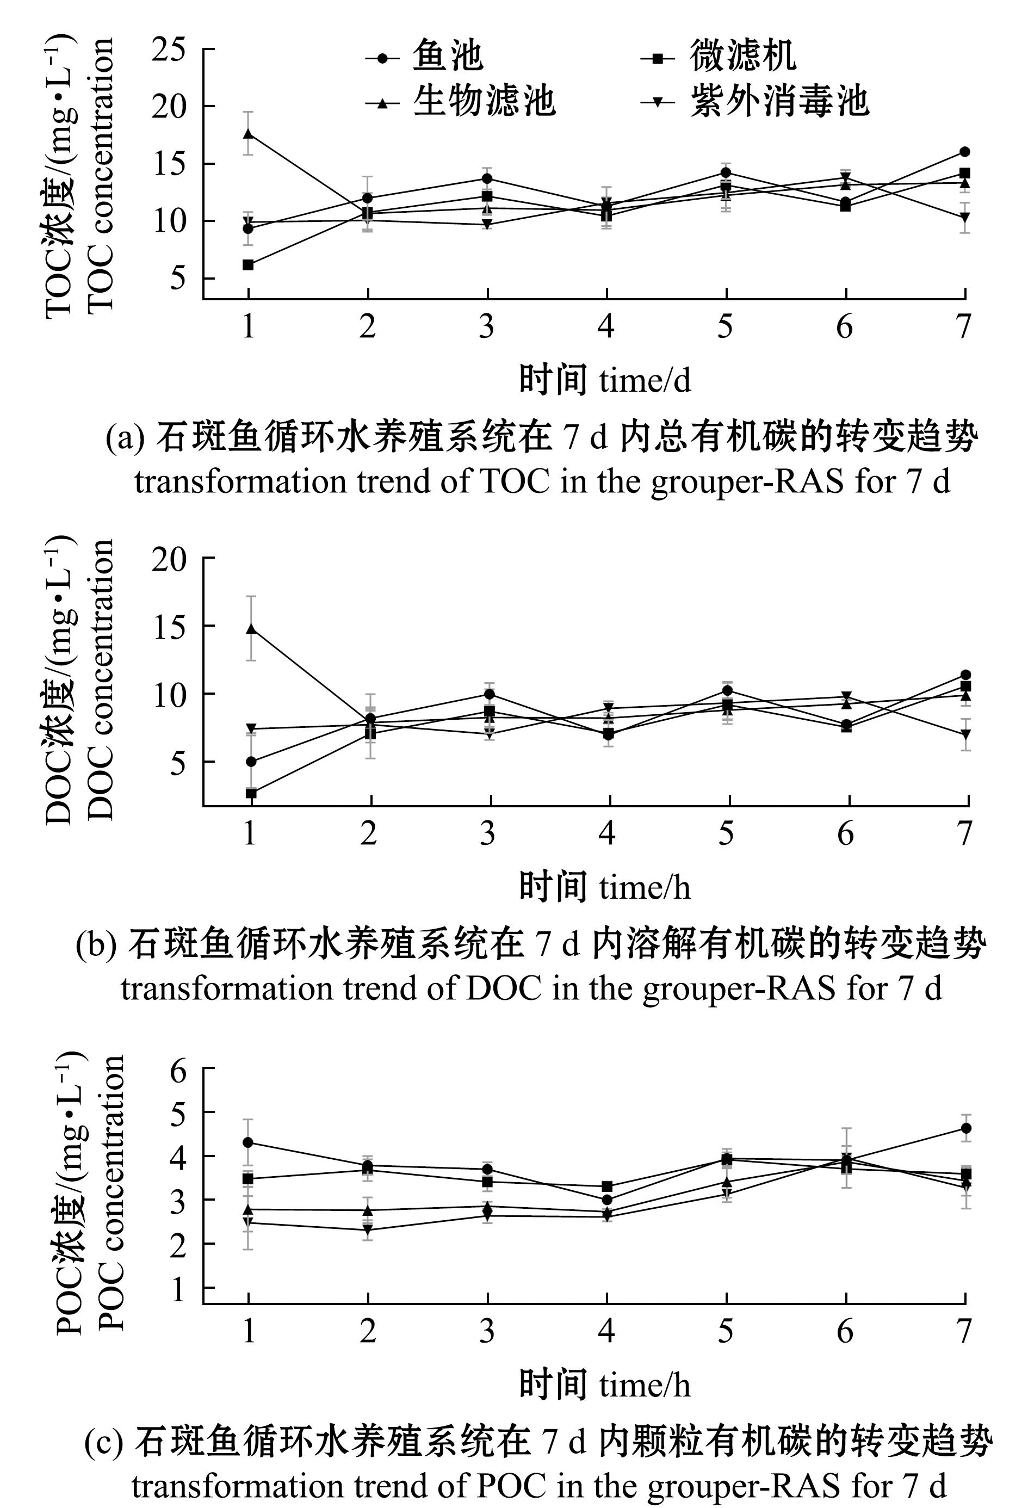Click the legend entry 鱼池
[447, 57]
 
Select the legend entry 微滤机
[742, 57]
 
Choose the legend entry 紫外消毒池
[778, 102]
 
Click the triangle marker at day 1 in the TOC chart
[249, 134]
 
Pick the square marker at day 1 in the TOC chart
[249, 265]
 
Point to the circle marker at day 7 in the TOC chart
[964, 152]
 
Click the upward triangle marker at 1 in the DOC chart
[251, 629]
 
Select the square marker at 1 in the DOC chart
[251, 793]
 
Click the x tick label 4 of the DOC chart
[607, 833]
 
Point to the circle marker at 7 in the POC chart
[966, 1128]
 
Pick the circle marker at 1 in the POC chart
[249, 1142]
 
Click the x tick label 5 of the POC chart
[726, 1332]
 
